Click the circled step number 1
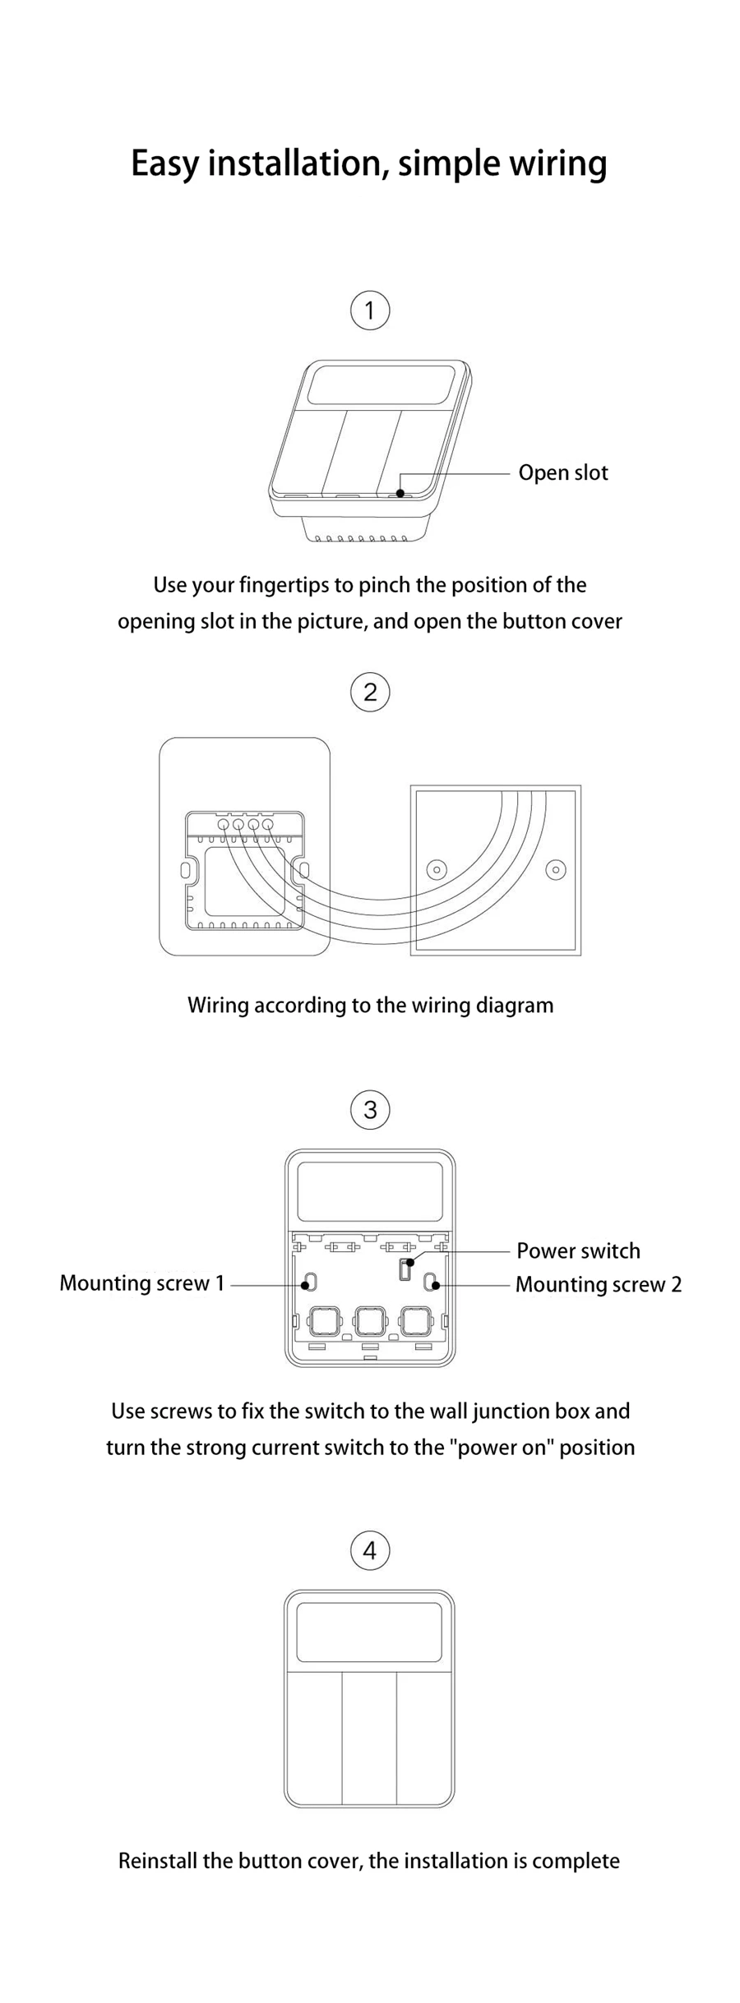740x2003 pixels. pyautogui.click(x=370, y=311)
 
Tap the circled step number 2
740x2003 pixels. pyautogui.click(x=370, y=692)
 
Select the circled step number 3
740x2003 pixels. pyautogui.click(x=370, y=1109)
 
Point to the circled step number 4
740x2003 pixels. pyautogui.click(x=370, y=1550)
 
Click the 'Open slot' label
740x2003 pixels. pyautogui.click(x=562, y=473)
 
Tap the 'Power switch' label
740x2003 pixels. pyautogui.click(x=578, y=1250)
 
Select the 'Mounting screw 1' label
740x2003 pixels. pyautogui.click(x=142, y=1283)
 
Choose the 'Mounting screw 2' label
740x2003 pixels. pyautogui.click(x=598, y=1284)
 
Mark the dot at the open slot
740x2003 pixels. pyautogui.click(x=400, y=493)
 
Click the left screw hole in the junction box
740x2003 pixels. pyautogui.click(x=437, y=869)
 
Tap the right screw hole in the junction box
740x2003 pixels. pyautogui.click(x=556, y=869)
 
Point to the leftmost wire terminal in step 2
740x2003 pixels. pyautogui.click(x=223, y=823)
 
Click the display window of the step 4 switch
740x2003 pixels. pyautogui.click(x=369, y=1632)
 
